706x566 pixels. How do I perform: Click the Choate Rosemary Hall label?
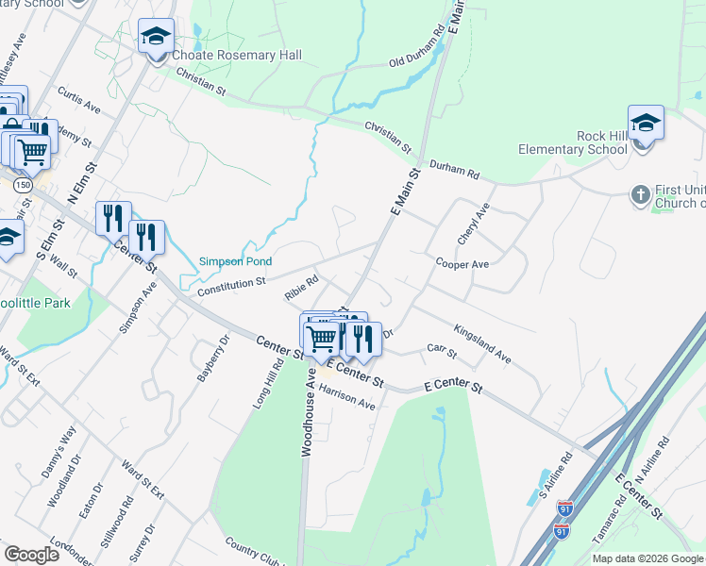(236, 56)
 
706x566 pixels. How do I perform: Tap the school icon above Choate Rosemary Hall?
(156, 37)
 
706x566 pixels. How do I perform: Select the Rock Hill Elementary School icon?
(646, 124)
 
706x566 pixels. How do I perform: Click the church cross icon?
(640, 194)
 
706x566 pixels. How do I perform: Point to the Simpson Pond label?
(235, 261)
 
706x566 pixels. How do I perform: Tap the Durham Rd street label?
(455, 170)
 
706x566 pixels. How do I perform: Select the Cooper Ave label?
(462, 264)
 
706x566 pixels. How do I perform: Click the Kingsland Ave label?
(481, 344)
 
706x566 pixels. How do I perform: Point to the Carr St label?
(441, 352)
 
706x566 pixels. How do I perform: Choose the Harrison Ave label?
(346, 399)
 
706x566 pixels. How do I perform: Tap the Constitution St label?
(232, 285)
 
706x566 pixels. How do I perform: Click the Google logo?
(31, 555)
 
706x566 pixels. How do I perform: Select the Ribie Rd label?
(302, 287)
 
